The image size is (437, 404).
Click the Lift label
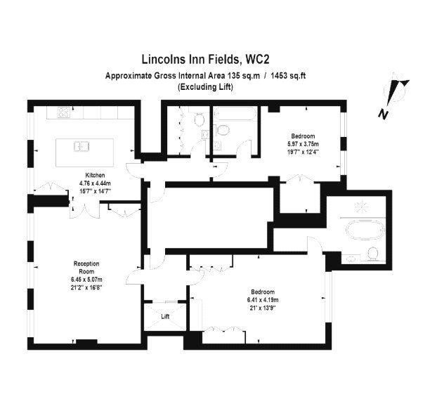(165, 316)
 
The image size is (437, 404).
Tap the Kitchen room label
(95, 175)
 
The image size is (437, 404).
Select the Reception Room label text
(86, 268)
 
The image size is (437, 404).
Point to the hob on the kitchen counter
(63, 112)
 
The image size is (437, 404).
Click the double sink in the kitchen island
(81, 147)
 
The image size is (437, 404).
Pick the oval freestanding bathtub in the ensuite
(365, 230)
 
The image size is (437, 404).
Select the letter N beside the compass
(383, 114)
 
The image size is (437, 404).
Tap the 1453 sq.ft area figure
(288, 76)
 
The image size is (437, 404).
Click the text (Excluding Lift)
(206, 87)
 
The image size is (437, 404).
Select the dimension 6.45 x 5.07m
(86, 280)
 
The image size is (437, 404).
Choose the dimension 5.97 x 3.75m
(304, 144)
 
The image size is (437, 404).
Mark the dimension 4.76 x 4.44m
(95, 183)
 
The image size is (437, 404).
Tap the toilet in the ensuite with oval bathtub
(372, 254)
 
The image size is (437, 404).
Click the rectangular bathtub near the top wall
(235, 115)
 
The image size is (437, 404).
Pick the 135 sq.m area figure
(244, 76)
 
